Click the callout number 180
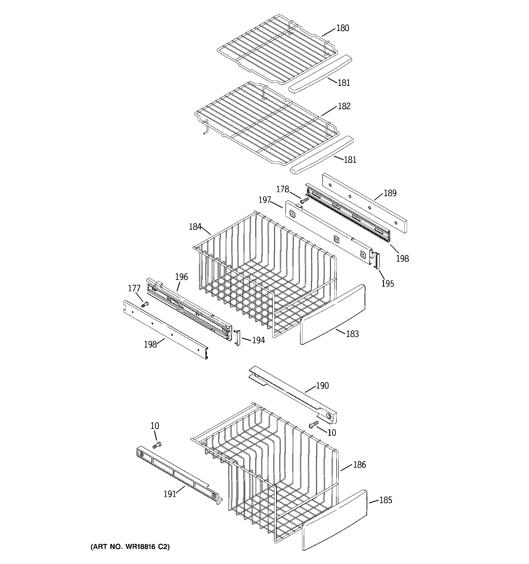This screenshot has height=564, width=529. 343,28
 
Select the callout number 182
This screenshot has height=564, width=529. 344,106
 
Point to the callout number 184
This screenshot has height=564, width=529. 195,227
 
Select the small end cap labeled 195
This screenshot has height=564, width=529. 377,260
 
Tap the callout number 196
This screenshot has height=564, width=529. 182,277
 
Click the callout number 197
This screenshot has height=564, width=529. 265,200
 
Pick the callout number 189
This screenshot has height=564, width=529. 390,193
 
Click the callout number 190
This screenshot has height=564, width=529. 322,386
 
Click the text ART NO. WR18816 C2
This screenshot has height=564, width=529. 130,547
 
